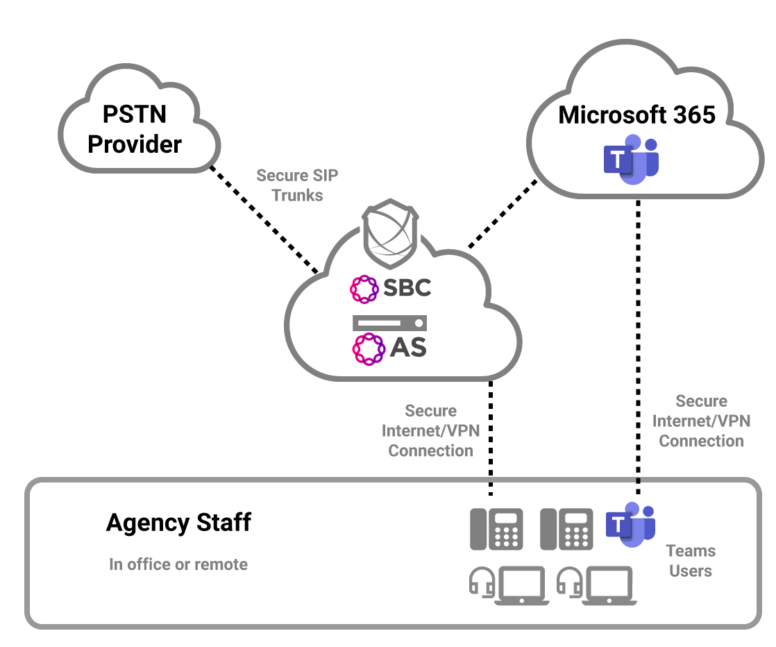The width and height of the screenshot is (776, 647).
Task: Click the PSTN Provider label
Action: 135,128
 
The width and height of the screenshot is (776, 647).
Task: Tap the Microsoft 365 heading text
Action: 636,115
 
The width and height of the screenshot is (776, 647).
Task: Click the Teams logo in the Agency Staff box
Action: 630,524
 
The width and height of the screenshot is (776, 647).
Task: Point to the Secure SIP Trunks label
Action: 297,185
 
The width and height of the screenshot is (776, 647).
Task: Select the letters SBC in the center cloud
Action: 407,287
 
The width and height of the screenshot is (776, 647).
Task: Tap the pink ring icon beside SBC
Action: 364,289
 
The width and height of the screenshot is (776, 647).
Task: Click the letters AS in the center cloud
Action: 408,347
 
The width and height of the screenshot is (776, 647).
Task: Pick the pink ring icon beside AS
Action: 368,348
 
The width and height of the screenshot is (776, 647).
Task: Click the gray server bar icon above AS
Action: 389,323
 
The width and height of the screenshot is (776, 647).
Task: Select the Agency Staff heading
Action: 178,522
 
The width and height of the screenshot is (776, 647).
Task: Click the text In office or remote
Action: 178,564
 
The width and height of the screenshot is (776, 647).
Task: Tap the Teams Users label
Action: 691,561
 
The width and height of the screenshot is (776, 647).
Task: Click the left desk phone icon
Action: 496,529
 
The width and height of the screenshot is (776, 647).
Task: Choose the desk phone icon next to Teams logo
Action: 566,529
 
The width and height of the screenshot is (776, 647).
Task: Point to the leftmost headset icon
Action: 482,582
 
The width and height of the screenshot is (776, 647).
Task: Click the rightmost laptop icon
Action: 609,585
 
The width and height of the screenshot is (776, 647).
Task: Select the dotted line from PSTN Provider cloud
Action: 264,219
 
